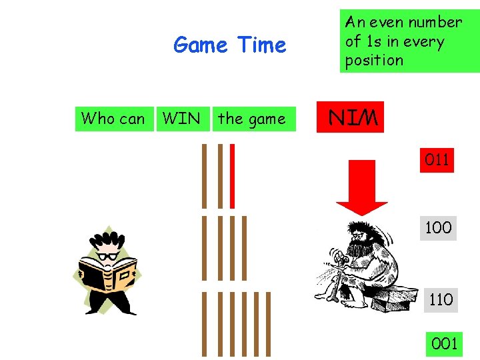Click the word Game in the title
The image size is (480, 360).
pos(199,45)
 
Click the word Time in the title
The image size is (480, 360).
pos(261,45)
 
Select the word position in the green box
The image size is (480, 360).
pos(374,60)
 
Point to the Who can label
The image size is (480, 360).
pos(113,119)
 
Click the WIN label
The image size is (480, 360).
pos(181,119)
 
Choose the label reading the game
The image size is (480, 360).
pos(251,119)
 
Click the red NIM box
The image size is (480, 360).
pos(353,118)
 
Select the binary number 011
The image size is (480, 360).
pos(437,160)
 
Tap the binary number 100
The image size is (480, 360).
pos(438,227)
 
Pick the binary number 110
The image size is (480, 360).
pos(441,299)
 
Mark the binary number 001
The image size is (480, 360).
pos(445,344)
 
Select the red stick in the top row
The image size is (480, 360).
pos(232,176)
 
